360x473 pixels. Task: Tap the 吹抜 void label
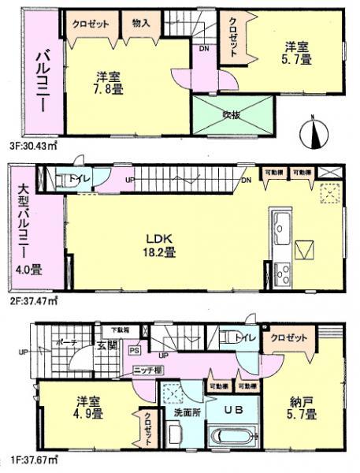pos(233,115)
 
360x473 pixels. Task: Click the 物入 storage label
pos(141,24)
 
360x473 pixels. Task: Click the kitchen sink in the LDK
pos(281,229)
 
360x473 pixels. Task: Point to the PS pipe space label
pos(134,352)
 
